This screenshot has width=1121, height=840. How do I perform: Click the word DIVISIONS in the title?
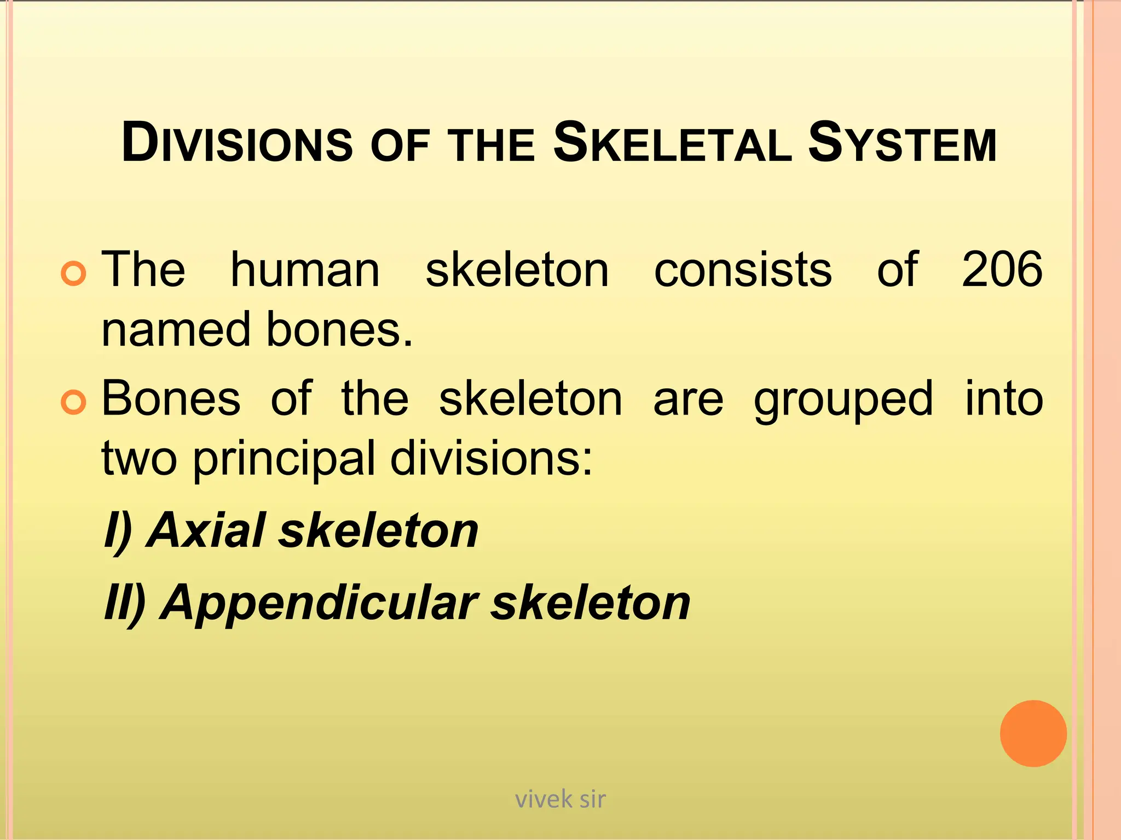pyautogui.click(x=237, y=143)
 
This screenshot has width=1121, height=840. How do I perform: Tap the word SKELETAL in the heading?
pyautogui.click(x=672, y=143)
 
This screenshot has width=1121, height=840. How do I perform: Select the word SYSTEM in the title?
pyautogui.click(x=902, y=143)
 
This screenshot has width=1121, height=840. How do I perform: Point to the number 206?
pyautogui.click(x=1002, y=269)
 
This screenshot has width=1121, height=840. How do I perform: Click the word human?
pyautogui.click(x=305, y=269)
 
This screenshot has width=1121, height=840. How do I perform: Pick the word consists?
pyautogui.click(x=743, y=269)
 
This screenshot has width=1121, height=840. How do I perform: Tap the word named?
pyautogui.click(x=176, y=330)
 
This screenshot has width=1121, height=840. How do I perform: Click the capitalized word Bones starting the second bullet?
pyautogui.click(x=171, y=399)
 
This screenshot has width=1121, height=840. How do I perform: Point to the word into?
pyautogui.click(x=1004, y=399)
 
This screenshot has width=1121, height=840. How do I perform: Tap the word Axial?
pyautogui.click(x=207, y=530)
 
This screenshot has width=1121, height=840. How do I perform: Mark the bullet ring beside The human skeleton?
pyautogui.click(x=73, y=273)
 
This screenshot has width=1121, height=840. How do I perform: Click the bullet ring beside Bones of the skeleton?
pyautogui.click(x=73, y=402)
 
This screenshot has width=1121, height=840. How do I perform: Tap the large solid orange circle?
pyautogui.click(x=1033, y=733)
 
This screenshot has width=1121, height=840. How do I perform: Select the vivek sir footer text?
pyautogui.click(x=560, y=800)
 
